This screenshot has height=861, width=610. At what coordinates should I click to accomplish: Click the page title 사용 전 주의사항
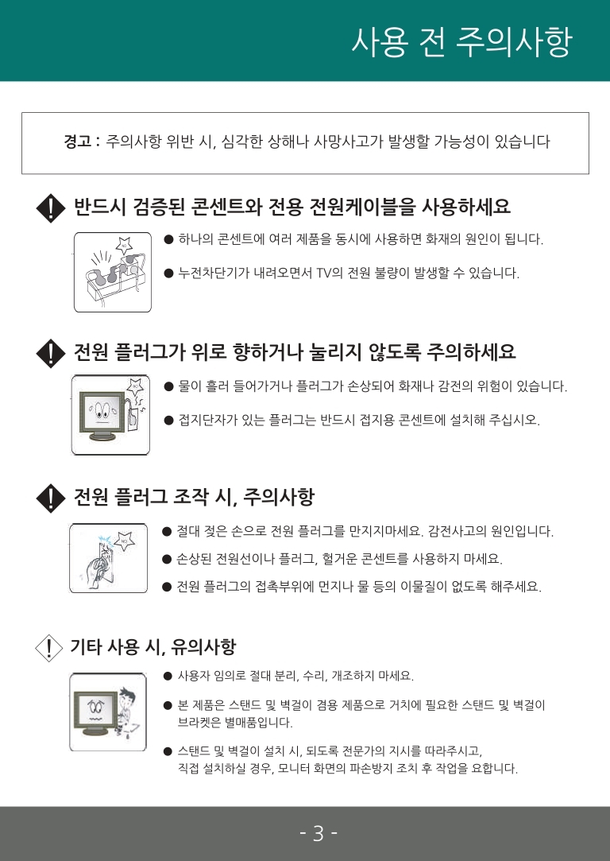point(461,42)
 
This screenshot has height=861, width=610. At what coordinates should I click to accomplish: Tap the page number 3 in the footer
point(319,833)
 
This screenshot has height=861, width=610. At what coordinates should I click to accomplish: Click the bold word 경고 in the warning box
point(79,143)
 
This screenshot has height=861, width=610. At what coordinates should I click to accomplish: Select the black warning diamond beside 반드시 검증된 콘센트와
point(51,209)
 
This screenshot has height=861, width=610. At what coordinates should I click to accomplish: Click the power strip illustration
point(112,272)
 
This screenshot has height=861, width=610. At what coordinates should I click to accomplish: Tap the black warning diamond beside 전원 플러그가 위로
point(51,352)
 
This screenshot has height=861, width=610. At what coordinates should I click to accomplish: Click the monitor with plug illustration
point(111,414)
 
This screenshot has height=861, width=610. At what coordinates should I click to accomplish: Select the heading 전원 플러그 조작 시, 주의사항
point(194,498)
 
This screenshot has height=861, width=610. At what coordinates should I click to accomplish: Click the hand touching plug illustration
point(109,558)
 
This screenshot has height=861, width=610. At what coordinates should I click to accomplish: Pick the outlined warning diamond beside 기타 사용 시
point(49,648)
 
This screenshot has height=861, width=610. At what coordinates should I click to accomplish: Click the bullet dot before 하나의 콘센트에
point(168,239)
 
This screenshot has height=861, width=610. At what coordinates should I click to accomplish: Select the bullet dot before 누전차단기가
point(168,273)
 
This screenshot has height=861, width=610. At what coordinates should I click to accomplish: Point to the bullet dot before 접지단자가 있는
point(168,421)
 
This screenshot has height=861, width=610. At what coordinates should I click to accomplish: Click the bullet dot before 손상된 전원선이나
point(167,560)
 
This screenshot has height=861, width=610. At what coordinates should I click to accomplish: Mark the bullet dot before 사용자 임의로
point(168,677)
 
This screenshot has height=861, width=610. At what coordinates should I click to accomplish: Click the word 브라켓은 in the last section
point(200,723)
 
